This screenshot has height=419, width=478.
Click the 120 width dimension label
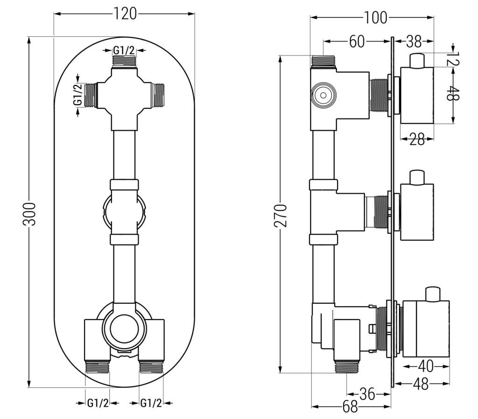tap(125, 14)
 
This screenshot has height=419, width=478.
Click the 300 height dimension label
tap(29, 214)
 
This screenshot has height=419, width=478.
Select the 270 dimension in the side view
tap(280, 215)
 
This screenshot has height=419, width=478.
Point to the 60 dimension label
tap(357, 42)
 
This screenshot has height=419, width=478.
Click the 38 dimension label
tap(413, 42)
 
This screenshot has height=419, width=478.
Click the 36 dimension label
tap(367, 394)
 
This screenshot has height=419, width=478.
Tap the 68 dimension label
tap(350, 407)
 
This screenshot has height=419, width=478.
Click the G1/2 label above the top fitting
tap(124, 50)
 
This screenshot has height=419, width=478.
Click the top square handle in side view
tap(418, 95)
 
